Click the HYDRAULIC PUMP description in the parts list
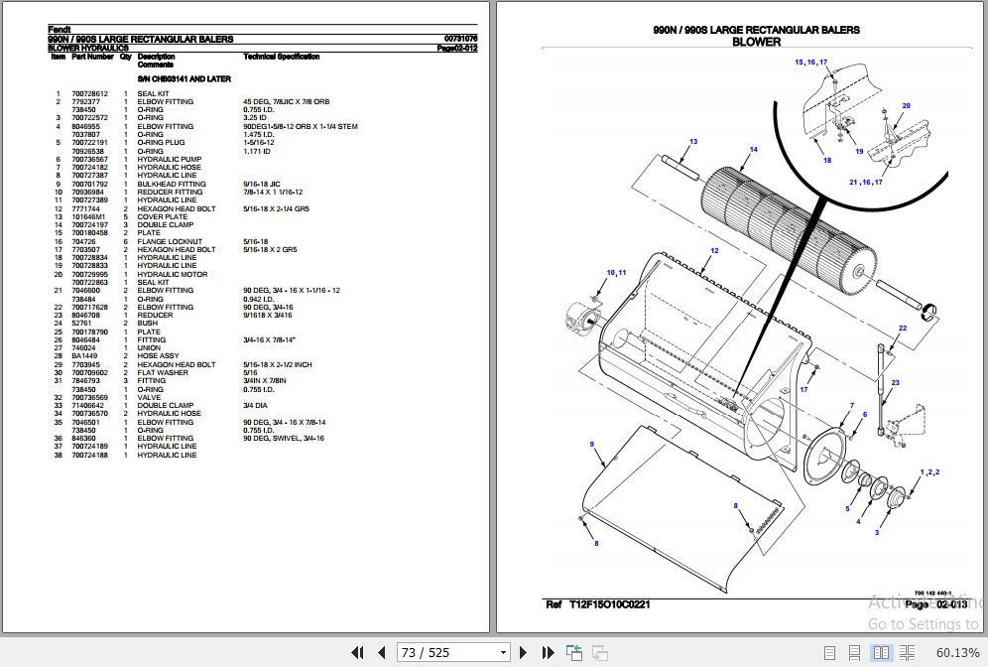169,159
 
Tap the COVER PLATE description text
163,216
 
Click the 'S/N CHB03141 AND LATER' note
184,78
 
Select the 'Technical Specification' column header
282,57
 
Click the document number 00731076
460,39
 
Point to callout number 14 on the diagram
754,150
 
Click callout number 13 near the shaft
693,142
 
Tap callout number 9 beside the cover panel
592,444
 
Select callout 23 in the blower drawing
896,382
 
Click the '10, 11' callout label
617,272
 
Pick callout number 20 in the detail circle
906,105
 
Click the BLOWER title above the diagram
756,42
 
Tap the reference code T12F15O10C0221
611,604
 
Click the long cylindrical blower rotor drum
784,223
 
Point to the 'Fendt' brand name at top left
59,29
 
